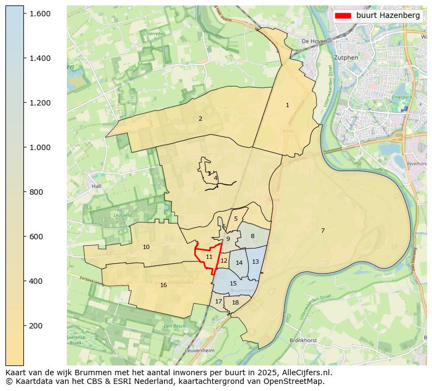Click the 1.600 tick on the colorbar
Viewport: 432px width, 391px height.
coord(24,13)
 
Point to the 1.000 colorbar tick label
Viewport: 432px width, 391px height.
coord(39,147)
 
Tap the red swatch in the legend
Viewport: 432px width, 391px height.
coord(343,16)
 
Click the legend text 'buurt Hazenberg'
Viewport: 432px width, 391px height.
coord(388,16)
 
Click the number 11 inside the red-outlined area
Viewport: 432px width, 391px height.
coord(209,257)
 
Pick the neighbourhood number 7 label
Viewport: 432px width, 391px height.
coord(323,231)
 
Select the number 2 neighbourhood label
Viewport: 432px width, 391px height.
coord(200,119)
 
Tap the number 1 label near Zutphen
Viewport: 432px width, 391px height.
coord(287,105)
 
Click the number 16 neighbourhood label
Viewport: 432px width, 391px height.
coord(163,285)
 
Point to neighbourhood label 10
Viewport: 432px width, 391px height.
coord(146,247)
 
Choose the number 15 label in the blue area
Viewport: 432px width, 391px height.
coord(233,283)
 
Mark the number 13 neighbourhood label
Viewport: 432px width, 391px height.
coord(255,262)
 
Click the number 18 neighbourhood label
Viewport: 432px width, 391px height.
coord(235,302)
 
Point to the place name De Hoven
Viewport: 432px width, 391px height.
coord(313,41)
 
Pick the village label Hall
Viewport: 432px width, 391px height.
coord(97,186)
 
